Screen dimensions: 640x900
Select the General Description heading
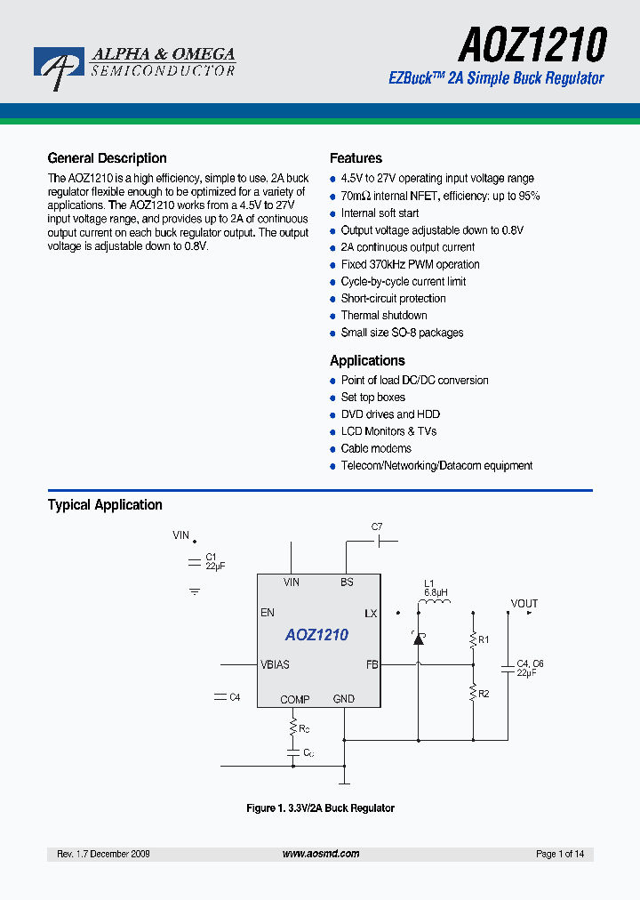107,158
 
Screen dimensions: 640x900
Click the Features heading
356,158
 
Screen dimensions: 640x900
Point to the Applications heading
367,360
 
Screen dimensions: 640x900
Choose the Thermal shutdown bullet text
384,316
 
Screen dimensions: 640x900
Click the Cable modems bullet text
376,448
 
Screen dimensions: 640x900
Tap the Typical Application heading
105,504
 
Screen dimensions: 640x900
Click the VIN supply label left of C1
181,535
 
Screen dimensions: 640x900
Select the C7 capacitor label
377,526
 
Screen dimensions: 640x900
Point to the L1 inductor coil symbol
435,607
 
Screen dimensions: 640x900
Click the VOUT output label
524,604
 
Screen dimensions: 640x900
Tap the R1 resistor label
484,639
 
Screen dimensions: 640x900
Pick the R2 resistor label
484,694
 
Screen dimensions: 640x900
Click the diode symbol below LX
418,638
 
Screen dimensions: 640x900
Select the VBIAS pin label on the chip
275,664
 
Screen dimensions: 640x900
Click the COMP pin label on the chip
294,699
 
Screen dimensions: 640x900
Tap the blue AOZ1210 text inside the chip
316,635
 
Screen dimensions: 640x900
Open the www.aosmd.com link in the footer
321,854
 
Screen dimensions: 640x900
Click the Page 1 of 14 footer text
560,854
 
